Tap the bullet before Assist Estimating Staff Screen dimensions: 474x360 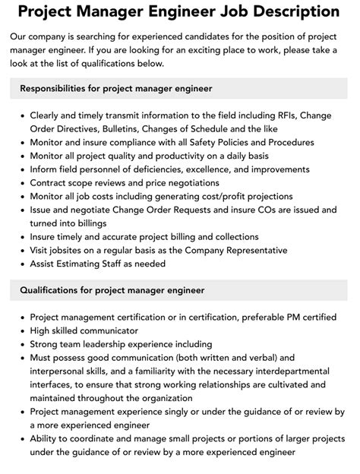pyautogui.click(x=21, y=264)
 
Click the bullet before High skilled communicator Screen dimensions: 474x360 pyautogui.click(x=21, y=331)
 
